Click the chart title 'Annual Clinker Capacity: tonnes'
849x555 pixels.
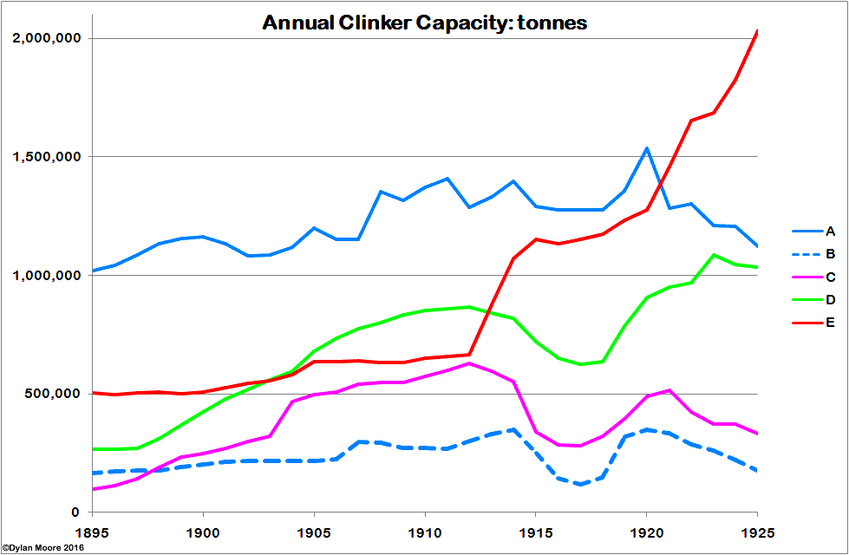[424, 23]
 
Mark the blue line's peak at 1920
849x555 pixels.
[647, 148]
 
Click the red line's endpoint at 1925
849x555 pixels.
[757, 32]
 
